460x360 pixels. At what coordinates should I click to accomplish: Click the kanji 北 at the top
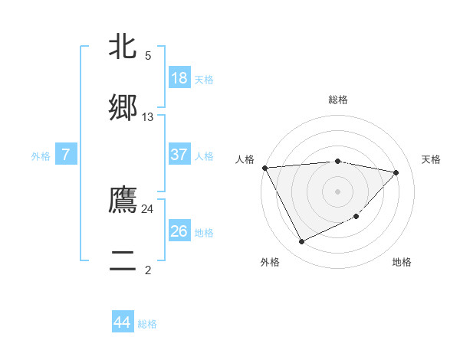point(123,47)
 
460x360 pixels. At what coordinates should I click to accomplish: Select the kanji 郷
point(123,107)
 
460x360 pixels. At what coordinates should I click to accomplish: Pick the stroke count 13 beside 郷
point(148,117)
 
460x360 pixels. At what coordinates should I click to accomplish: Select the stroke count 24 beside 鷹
point(148,208)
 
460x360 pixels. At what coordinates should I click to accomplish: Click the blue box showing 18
point(179,77)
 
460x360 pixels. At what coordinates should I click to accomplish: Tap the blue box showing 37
point(179,155)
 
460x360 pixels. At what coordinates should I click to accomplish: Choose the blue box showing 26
point(179,231)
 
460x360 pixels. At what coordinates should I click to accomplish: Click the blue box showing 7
point(66,155)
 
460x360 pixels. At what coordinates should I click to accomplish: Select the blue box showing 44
point(123,322)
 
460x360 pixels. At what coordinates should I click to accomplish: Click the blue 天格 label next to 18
point(204,80)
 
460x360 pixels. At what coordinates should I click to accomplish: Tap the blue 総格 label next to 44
point(147,325)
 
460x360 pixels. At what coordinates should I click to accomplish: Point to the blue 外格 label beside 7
point(41,156)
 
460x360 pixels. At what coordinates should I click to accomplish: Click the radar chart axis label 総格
point(338,100)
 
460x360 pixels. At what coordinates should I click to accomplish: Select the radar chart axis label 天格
point(431,159)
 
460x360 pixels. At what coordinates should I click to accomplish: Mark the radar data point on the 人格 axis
point(264,168)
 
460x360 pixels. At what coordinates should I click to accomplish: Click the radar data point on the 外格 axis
point(301,242)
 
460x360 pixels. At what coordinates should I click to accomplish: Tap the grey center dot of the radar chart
point(337,191)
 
